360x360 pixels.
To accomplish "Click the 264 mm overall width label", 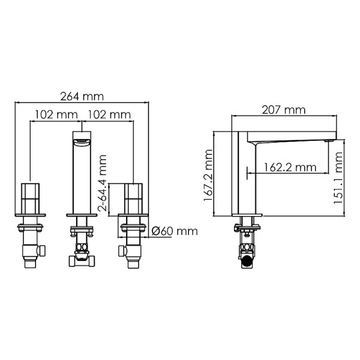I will pyautogui.click(x=82, y=96).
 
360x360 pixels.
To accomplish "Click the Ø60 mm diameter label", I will pyautogui.click(x=175, y=231).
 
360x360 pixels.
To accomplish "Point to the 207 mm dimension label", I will pyautogui.click(x=283, y=110).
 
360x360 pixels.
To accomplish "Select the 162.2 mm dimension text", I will pyautogui.click(x=290, y=168).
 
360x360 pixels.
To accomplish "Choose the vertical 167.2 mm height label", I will pyautogui.click(x=209, y=175).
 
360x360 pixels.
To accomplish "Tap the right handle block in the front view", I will pyautogui.click(x=132, y=199).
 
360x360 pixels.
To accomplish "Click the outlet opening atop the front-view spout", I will pyautogui.click(x=81, y=142).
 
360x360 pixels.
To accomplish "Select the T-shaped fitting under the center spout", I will pyautogui.click(x=81, y=259).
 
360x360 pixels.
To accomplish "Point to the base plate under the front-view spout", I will pyautogui.click(x=81, y=214).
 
